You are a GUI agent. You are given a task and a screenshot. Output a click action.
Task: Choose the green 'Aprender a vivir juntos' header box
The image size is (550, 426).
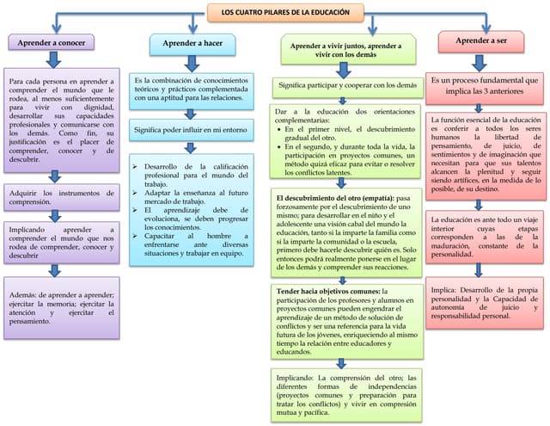coord(346,48)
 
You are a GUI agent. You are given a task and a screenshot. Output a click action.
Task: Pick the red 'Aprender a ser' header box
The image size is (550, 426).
coord(481,40)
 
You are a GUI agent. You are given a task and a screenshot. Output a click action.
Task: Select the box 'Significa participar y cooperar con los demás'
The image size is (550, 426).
coord(347,85)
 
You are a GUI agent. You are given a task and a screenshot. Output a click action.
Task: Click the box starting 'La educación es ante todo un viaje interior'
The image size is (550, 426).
coord(485,237)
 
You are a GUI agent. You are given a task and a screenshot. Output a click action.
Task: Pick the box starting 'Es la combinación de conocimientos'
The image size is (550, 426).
coord(191,88)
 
